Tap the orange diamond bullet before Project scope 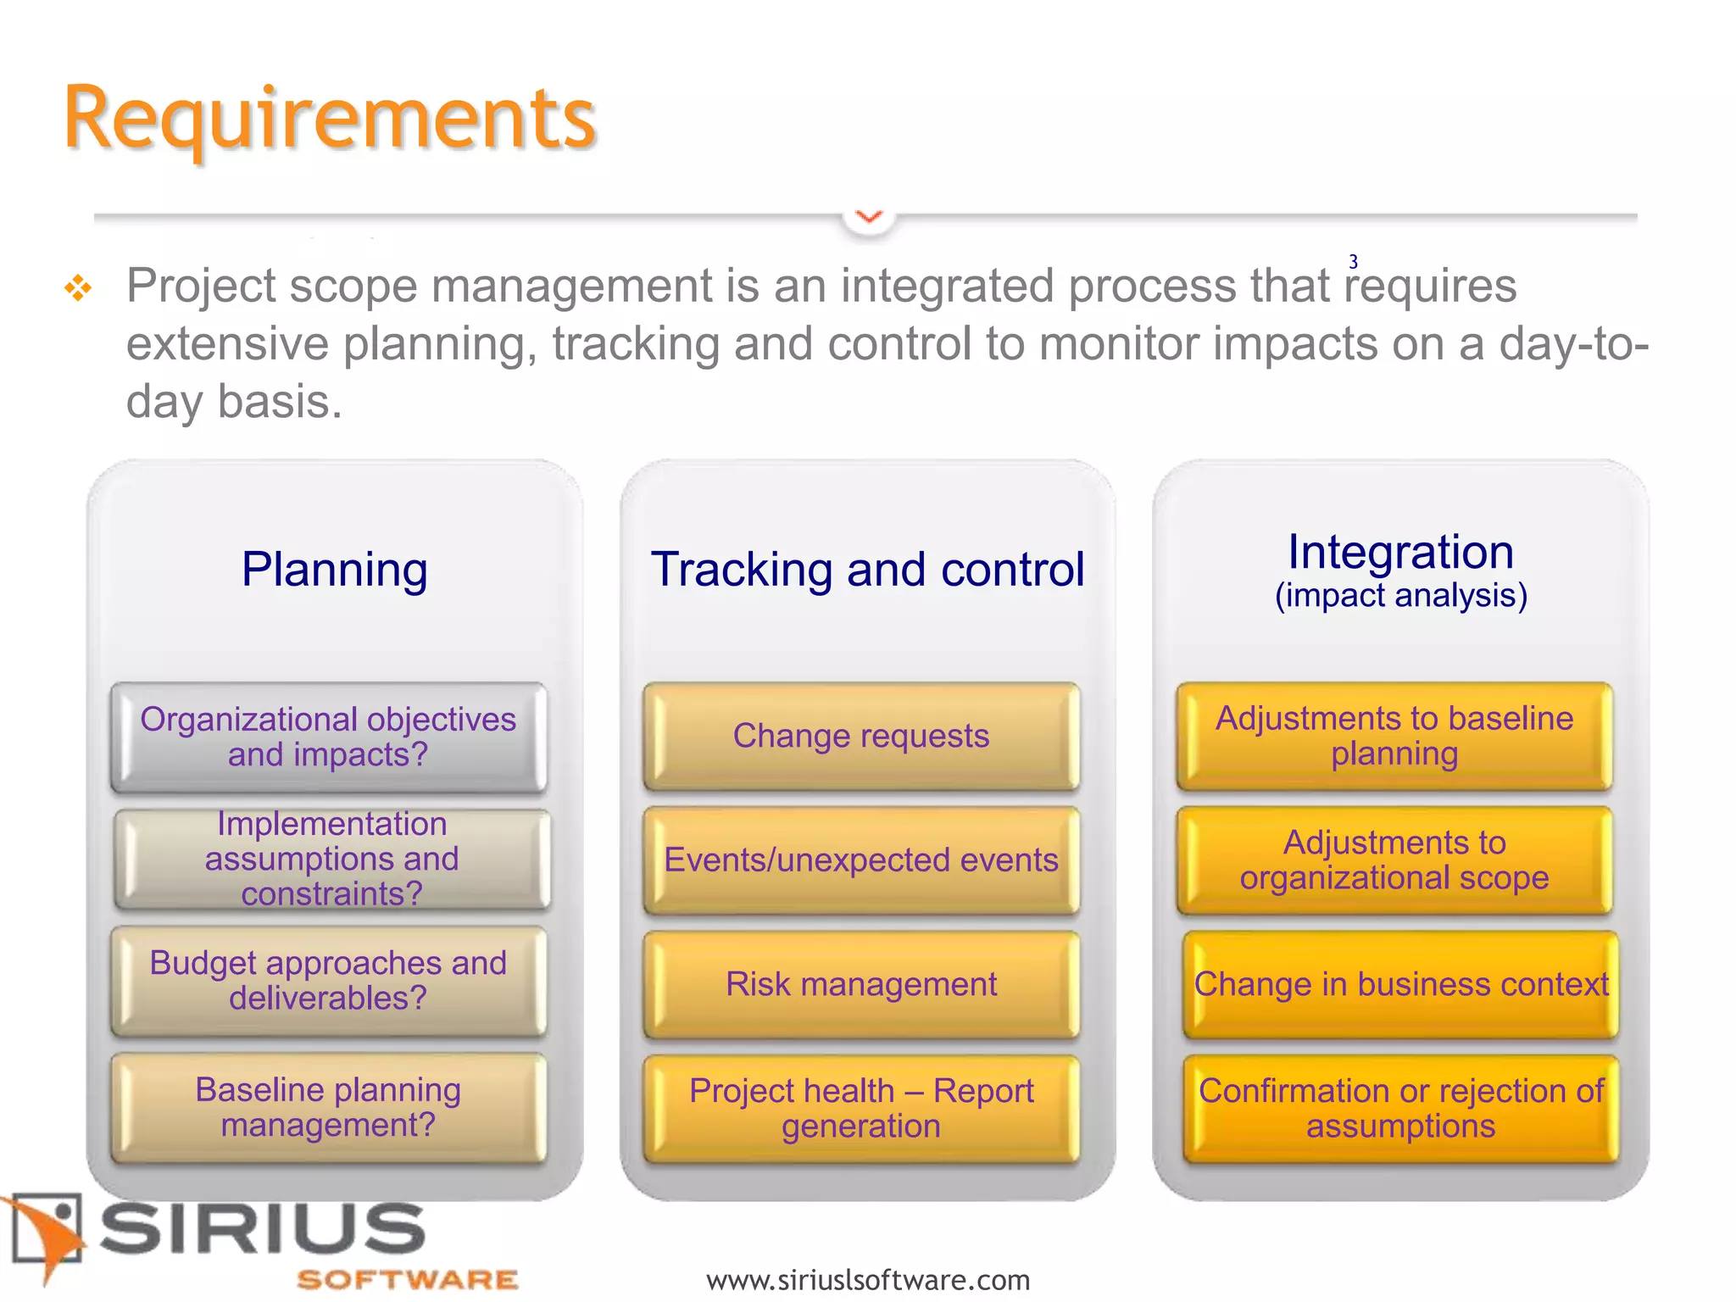tap(78, 288)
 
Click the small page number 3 tap(1353, 262)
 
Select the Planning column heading tap(334, 569)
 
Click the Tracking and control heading tap(867, 569)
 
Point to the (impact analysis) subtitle tap(1400, 596)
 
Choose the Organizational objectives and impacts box tap(328, 737)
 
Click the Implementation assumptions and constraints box tap(331, 859)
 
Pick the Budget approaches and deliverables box tap(328, 981)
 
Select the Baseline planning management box tap(328, 1107)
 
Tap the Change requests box tap(861, 736)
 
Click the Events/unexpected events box tap(861, 860)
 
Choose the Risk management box tap(861, 984)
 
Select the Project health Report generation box tap(861, 1108)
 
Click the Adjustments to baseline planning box tap(1394, 736)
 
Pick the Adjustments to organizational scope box tap(1394, 860)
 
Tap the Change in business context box tap(1400, 984)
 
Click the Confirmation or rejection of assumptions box tap(1400, 1108)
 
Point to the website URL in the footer tap(867, 1279)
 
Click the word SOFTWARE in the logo tap(407, 1279)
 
